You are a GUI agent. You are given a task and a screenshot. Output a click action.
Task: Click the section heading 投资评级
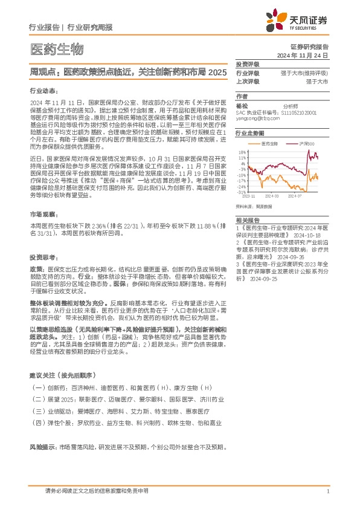point(248,63)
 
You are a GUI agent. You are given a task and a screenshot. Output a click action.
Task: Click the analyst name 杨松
point(242,105)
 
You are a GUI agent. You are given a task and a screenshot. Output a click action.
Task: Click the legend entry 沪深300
point(307,144)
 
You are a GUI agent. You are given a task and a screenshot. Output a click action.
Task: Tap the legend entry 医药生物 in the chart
point(270,144)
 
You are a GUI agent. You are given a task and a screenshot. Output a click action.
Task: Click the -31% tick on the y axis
point(240,192)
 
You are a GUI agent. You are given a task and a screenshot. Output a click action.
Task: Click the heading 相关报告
point(248,220)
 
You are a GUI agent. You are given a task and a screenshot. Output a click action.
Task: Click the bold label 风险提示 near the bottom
point(42,447)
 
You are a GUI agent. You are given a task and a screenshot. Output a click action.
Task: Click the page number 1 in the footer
point(327,491)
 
